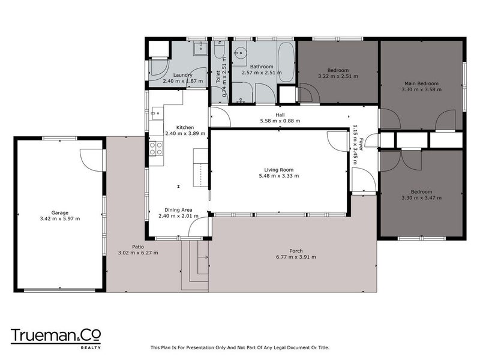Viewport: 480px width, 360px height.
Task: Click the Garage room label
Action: (x=59, y=212)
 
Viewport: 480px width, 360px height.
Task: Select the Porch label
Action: (x=295, y=250)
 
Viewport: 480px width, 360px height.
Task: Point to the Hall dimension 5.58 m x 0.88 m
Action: (x=280, y=121)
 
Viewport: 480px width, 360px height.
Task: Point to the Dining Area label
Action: (x=179, y=210)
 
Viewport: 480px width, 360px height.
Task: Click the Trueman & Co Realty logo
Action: (x=56, y=337)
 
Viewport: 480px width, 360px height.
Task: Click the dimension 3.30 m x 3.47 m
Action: (x=421, y=197)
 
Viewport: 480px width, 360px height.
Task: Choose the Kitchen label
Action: (x=185, y=127)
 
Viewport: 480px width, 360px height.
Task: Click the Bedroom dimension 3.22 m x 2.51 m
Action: (x=337, y=76)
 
